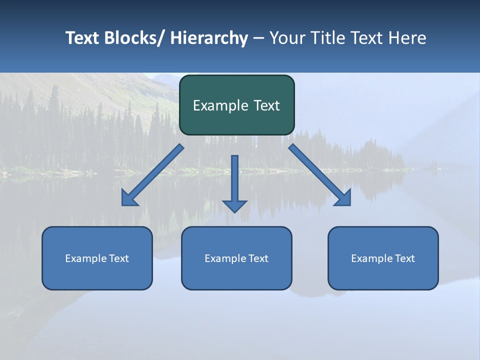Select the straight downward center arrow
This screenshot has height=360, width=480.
[234, 180]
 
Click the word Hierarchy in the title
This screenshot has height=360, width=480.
[209, 38]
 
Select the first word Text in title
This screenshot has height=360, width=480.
[83, 38]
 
